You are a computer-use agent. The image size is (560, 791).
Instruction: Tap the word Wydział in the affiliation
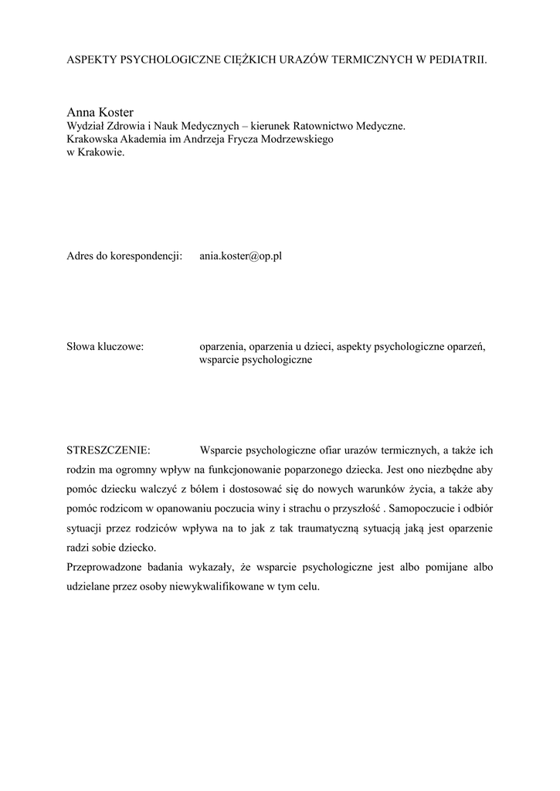(86, 127)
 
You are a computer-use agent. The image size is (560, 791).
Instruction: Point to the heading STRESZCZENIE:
(109, 450)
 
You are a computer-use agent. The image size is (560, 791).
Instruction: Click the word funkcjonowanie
(244, 470)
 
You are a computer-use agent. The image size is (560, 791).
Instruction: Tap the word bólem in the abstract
(218, 490)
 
